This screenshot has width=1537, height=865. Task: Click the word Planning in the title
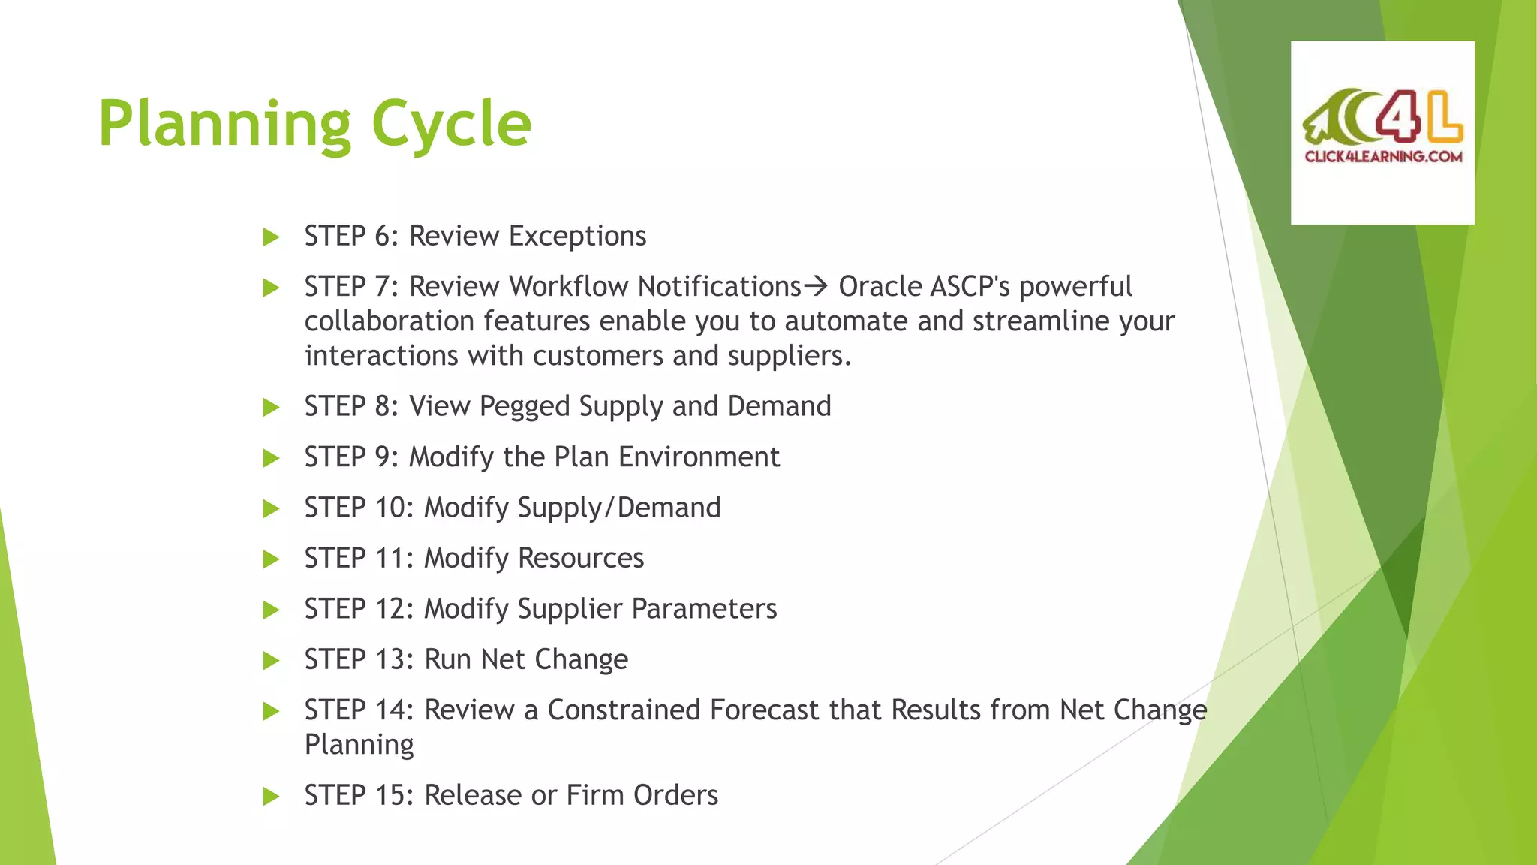click(224, 125)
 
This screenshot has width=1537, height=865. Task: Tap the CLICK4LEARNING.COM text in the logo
click(1383, 157)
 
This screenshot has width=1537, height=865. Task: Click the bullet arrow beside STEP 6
click(271, 238)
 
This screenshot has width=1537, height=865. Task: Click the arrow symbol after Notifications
click(815, 286)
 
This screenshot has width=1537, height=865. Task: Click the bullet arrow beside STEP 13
click(271, 661)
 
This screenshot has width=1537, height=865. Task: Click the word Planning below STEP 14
click(359, 745)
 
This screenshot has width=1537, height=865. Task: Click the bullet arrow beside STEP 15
click(271, 797)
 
